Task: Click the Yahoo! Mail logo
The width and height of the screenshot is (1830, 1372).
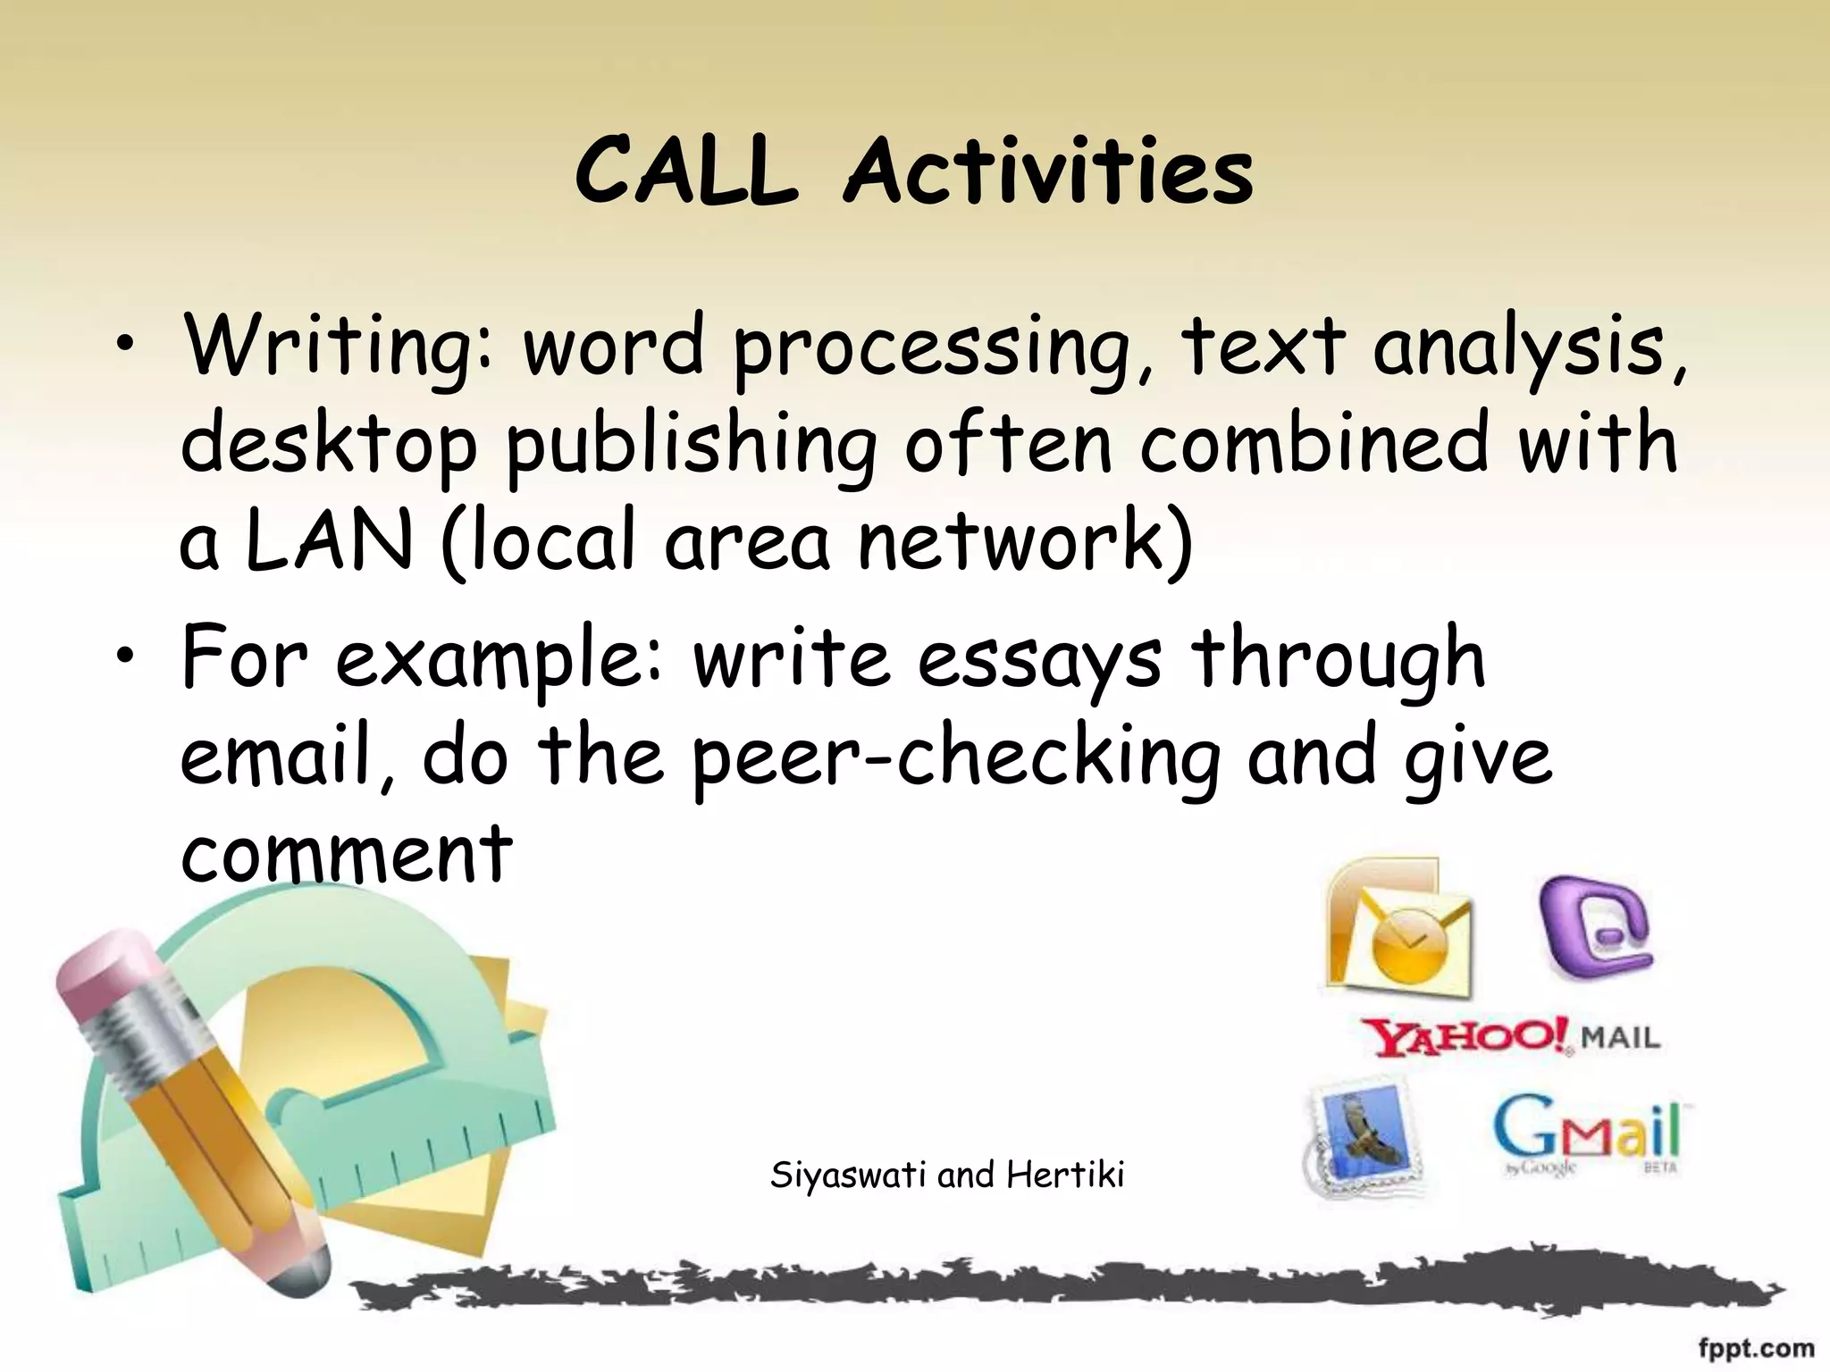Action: tap(1510, 1037)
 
